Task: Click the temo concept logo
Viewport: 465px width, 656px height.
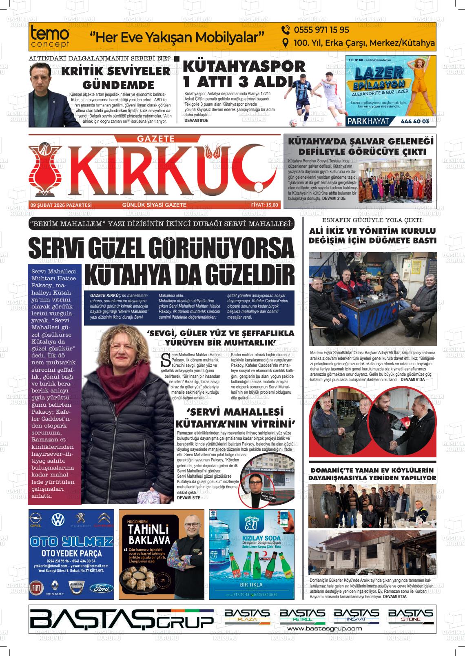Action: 50,37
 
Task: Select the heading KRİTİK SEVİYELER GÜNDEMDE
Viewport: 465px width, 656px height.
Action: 115,78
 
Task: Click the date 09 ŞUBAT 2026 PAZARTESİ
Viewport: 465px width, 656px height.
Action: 61,205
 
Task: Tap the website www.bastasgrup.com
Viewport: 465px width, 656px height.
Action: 325,629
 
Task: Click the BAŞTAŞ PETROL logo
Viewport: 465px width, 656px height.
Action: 302,616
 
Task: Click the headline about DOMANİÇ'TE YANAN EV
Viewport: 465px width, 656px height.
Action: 372,474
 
